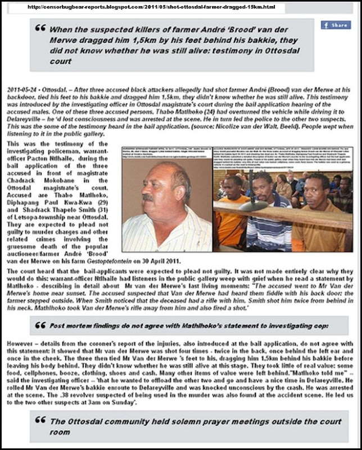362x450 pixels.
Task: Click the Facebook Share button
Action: [336, 25]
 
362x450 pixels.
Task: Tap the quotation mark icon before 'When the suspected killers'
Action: [39, 28]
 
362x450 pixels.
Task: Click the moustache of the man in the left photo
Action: [148, 197]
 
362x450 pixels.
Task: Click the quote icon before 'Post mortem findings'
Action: [39, 325]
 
